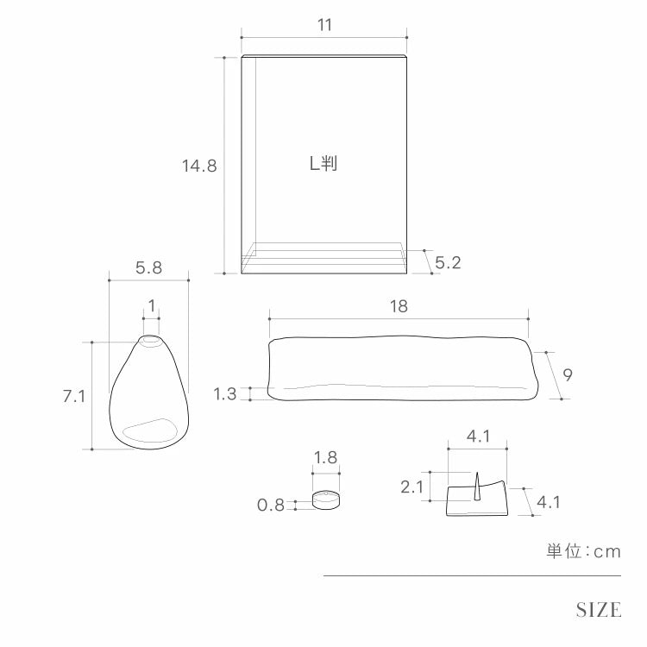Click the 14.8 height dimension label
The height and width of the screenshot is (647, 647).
click(x=199, y=166)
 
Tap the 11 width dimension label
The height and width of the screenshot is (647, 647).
click(x=324, y=25)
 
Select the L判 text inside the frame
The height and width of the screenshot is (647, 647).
click(x=323, y=163)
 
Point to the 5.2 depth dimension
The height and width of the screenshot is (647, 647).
click(x=448, y=262)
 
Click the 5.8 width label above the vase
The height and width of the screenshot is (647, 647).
click(x=148, y=267)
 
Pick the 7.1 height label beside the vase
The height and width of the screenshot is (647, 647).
click(x=74, y=396)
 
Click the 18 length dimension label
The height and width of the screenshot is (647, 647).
click(x=399, y=306)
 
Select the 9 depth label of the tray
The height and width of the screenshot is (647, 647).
click(x=568, y=374)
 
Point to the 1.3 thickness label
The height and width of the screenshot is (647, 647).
click(x=225, y=394)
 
